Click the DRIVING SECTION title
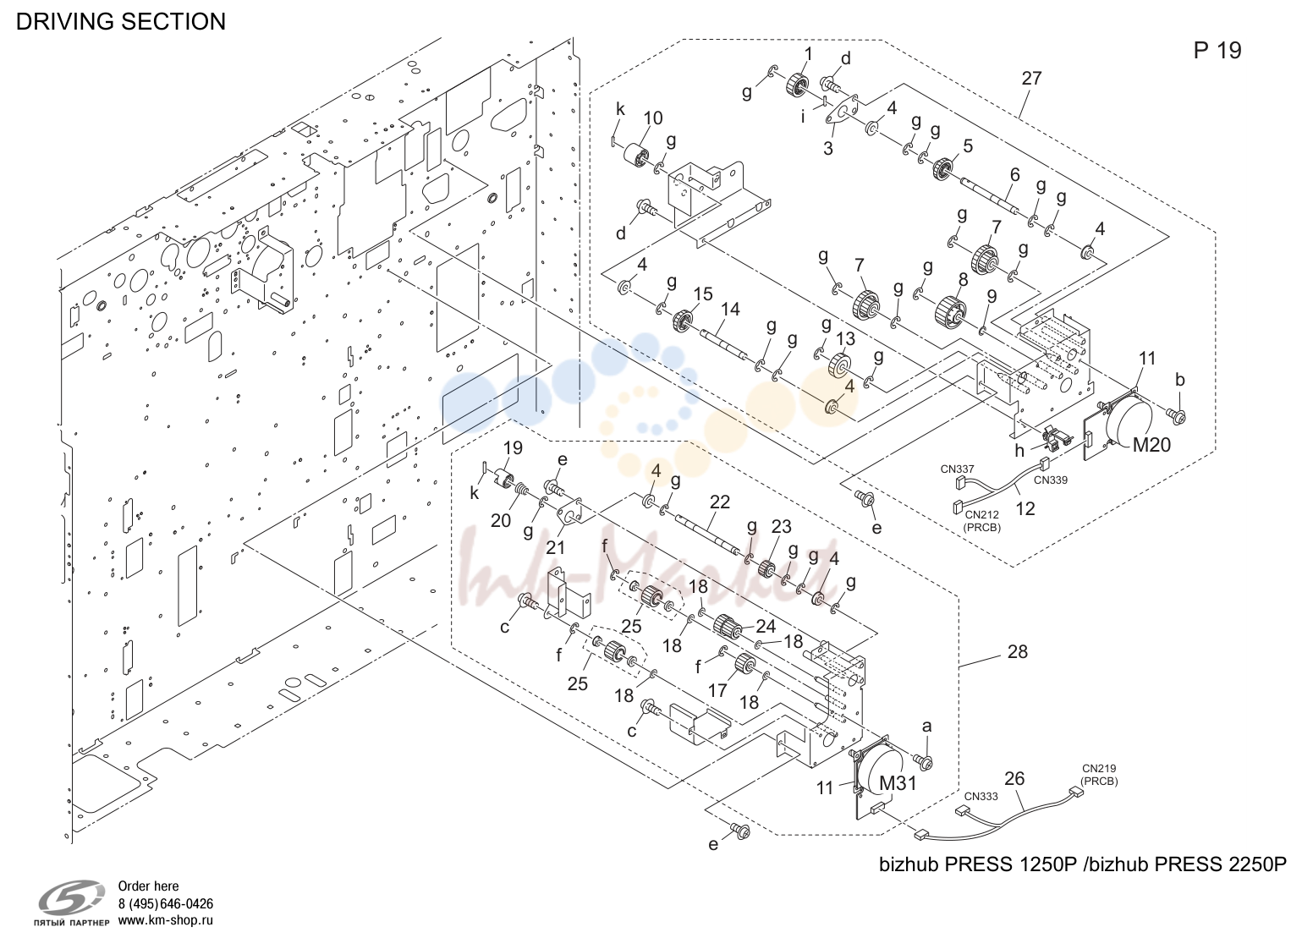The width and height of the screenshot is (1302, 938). click(121, 22)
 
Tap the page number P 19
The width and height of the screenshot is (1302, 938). click(1217, 51)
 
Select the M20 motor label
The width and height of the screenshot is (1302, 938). click(1151, 445)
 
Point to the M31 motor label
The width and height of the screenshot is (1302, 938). click(898, 783)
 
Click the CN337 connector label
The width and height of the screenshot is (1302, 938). click(958, 469)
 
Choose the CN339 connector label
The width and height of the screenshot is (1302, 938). click(1051, 480)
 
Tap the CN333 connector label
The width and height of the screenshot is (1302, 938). click(981, 797)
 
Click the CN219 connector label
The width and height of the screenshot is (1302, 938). click(1099, 769)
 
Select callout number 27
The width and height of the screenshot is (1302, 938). click(1031, 79)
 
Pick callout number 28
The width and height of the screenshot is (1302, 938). click(1017, 652)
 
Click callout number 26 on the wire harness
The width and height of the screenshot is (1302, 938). click(1014, 779)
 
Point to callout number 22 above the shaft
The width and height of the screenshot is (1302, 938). click(720, 502)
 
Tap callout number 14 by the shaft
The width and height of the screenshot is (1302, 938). click(730, 310)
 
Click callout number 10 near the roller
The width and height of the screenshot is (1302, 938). click(653, 118)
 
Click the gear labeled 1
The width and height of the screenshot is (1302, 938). click(798, 86)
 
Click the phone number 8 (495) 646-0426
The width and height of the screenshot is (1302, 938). click(166, 904)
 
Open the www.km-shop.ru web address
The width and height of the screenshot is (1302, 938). click(166, 921)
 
